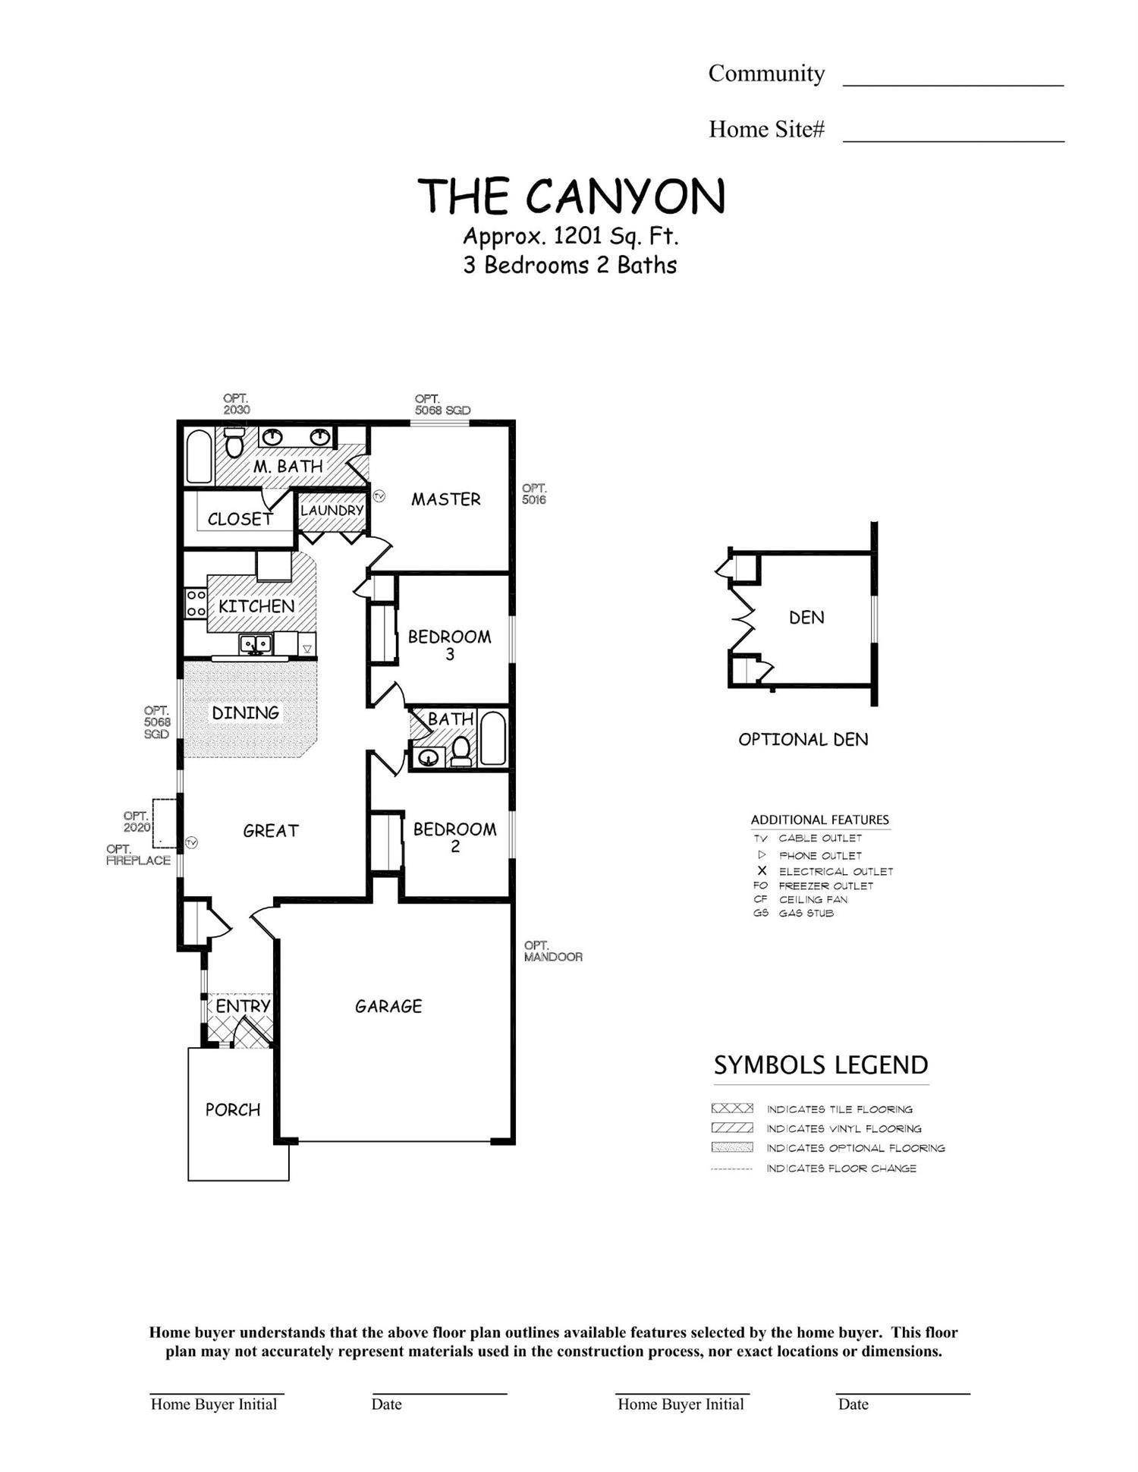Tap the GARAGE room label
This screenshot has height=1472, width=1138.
388,1006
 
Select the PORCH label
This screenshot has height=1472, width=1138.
233,1109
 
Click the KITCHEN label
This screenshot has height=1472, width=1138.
256,606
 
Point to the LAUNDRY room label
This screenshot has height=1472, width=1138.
332,511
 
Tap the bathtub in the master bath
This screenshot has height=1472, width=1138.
199,457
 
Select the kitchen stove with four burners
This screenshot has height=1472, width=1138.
196,603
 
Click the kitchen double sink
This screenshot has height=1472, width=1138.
256,644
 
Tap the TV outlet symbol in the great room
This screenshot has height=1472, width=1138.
192,842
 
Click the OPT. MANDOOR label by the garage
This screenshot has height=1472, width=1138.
553,951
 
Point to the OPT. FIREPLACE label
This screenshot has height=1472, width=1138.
138,854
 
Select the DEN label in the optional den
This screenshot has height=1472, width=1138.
806,618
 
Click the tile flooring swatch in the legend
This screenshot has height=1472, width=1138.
732,1109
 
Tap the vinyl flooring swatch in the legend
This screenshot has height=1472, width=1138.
732,1128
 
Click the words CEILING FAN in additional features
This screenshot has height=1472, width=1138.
813,899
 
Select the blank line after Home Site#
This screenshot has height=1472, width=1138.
953,134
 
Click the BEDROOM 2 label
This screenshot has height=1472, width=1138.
454,837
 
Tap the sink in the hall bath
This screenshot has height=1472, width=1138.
429,756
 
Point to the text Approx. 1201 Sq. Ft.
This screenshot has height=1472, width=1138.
571,237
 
